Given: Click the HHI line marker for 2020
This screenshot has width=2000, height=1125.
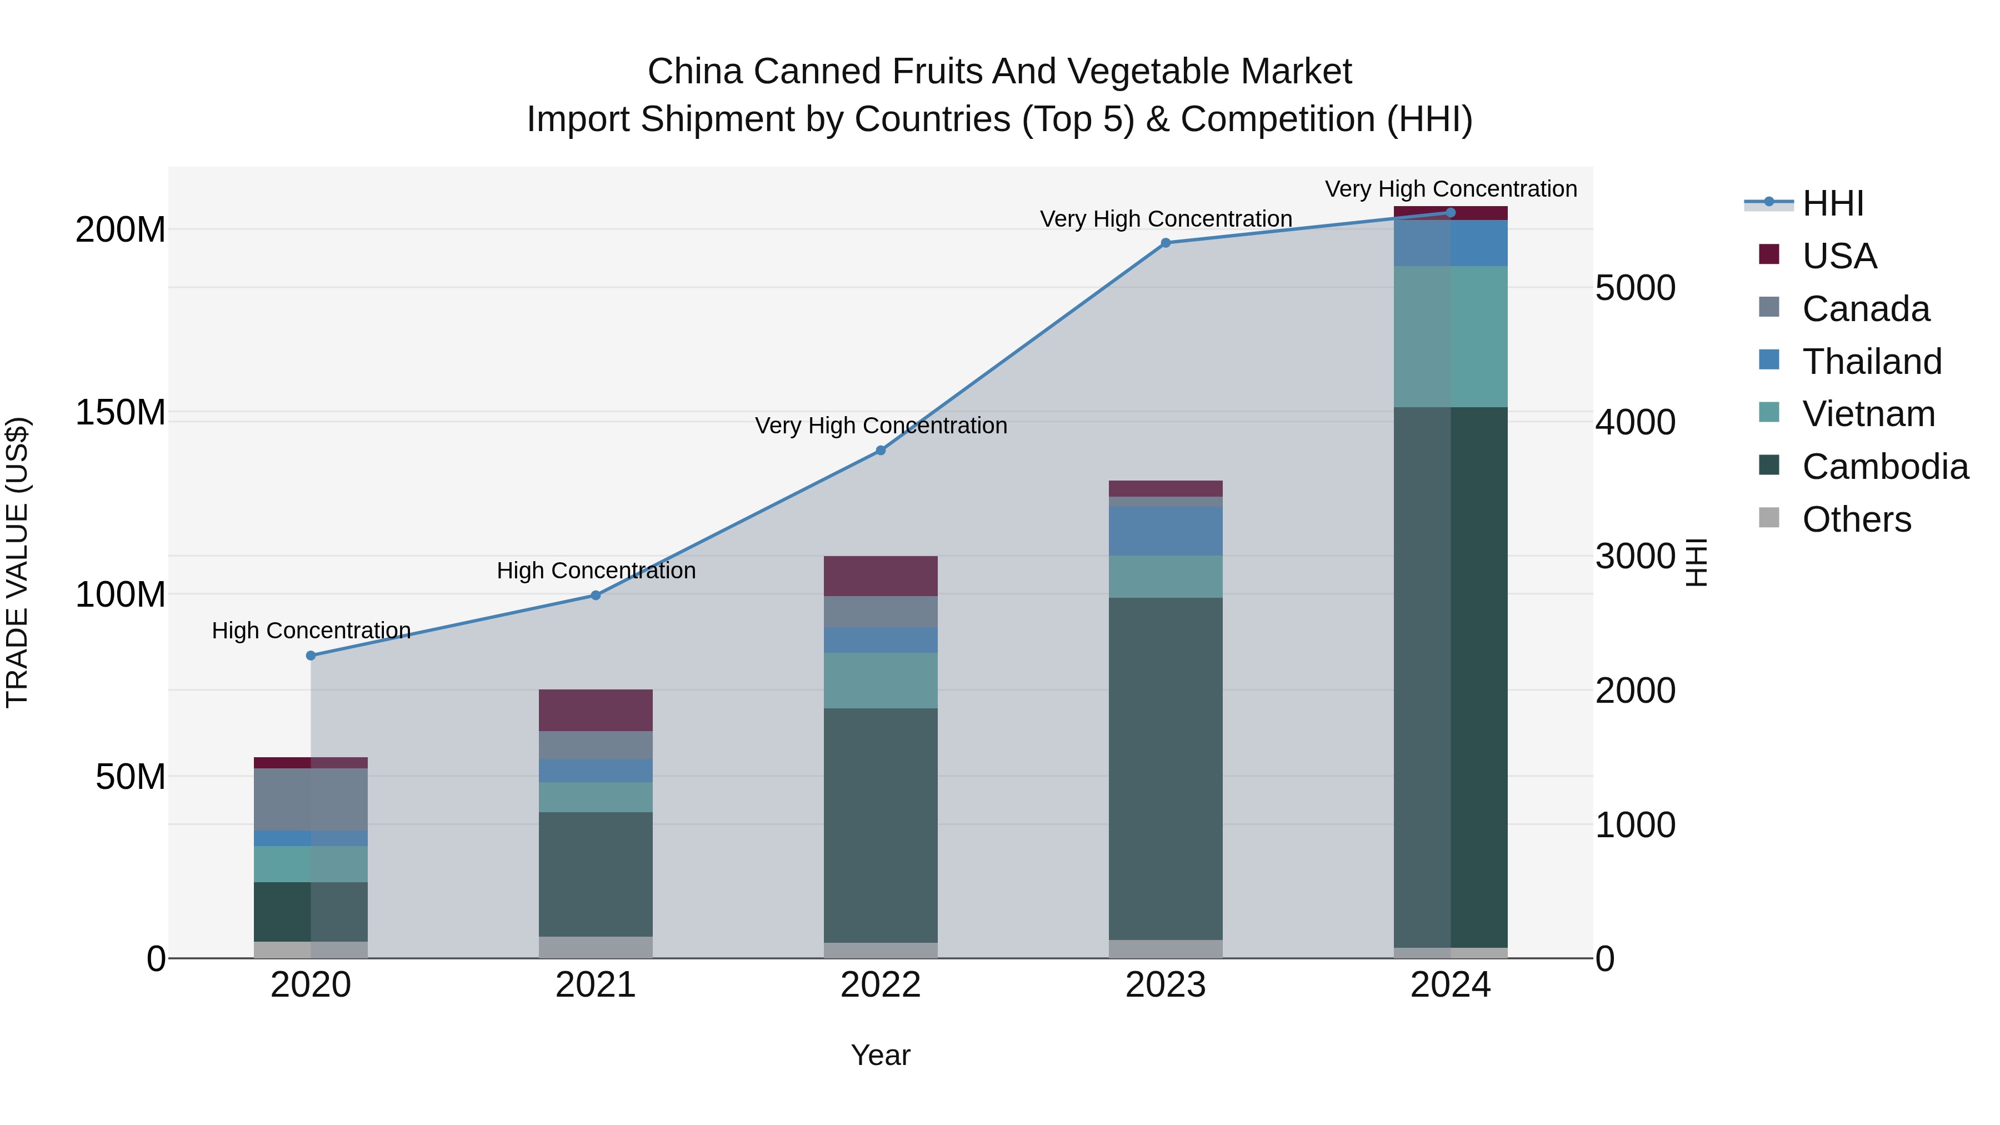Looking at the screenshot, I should tap(311, 656).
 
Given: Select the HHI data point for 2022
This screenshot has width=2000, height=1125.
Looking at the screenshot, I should tap(881, 451).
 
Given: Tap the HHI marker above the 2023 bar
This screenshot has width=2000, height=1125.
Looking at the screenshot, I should tap(1166, 243).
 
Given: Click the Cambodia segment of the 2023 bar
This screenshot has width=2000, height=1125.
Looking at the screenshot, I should tap(1166, 769).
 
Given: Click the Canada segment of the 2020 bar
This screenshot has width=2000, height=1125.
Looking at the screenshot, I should tap(311, 799).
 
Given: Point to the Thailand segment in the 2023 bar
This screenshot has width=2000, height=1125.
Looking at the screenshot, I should tap(1166, 531).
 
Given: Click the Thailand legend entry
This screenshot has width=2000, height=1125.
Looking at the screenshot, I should tap(1871, 362).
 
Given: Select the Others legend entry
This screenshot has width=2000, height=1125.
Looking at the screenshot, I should tap(1856, 519).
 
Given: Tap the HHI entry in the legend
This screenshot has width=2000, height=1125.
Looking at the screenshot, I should tap(1832, 203).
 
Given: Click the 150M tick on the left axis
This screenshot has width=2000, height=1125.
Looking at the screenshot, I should tap(121, 412).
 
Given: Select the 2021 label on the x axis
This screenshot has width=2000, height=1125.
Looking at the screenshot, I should tap(596, 985).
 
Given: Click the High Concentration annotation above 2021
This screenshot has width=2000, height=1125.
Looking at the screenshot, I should tap(596, 571).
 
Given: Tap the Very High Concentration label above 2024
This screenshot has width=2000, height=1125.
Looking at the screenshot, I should tap(1451, 189).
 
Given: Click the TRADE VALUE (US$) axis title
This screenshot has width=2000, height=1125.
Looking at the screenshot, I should tap(17, 562).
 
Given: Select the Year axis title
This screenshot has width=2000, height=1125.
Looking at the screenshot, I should tap(881, 1055).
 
